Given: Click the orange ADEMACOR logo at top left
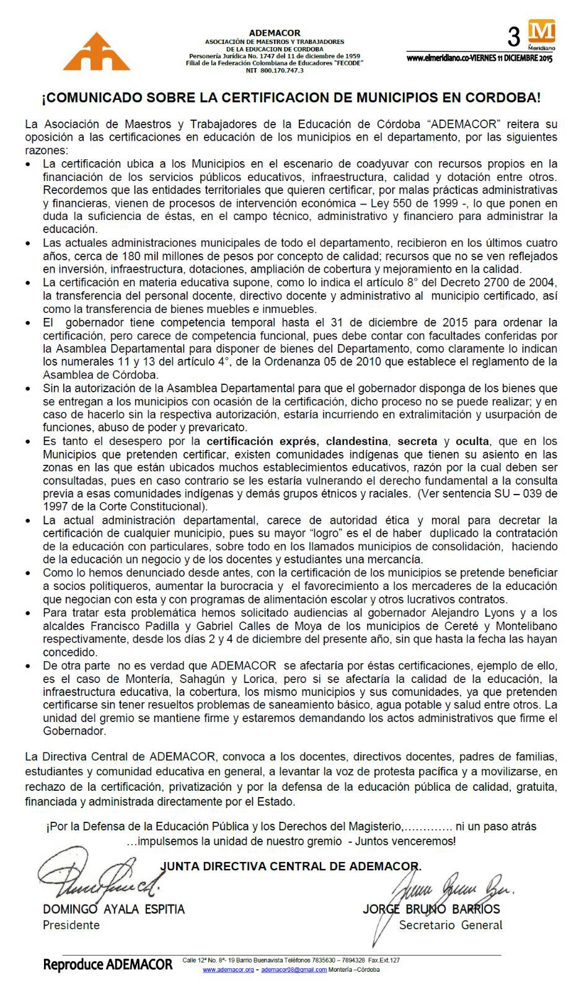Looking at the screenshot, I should (97, 51).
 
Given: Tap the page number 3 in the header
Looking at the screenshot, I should (514, 38).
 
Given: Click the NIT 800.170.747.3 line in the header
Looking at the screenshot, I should (275, 71).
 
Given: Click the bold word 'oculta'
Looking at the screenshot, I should (472, 441).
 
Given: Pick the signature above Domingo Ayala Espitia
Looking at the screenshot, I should (102, 881).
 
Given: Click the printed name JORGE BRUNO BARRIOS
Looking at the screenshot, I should (431, 909).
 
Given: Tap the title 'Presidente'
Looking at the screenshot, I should (71, 925).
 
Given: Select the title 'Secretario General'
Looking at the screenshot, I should (451, 925).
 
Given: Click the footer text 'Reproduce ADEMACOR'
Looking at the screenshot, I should (108, 964).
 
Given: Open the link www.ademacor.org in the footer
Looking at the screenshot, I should (228, 970).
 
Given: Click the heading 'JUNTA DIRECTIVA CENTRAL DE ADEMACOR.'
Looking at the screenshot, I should (291, 866).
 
